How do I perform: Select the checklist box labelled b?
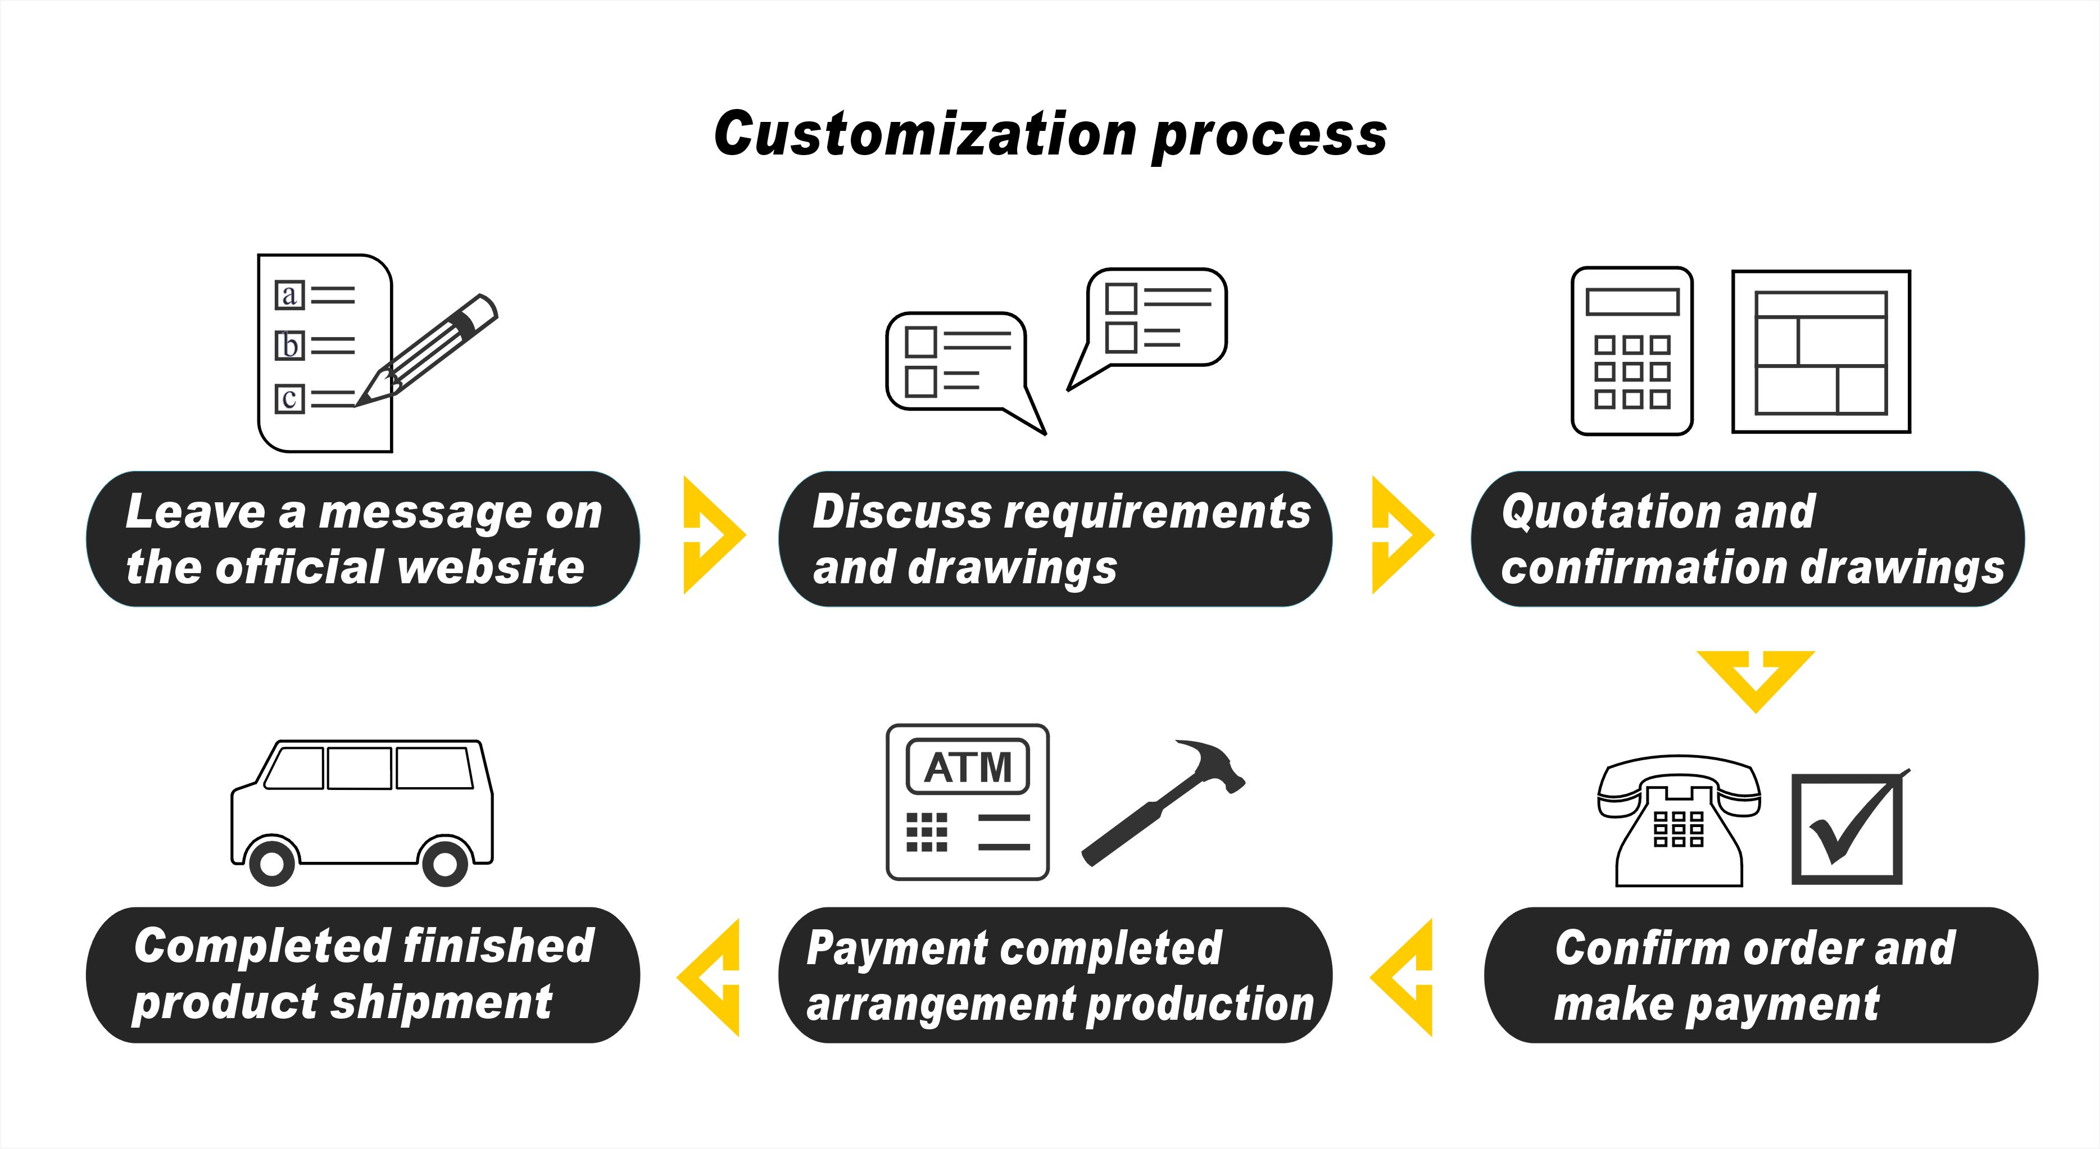(x=289, y=346)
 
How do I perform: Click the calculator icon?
(x=1632, y=351)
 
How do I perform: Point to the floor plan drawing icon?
(x=1820, y=351)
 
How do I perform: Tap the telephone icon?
(x=1679, y=820)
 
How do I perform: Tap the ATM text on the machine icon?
(x=968, y=767)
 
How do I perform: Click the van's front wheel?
(x=271, y=862)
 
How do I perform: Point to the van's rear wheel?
(x=445, y=862)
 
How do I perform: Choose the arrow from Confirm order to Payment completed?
(x=1404, y=977)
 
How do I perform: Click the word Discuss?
(x=901, y=512)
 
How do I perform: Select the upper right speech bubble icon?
(x=1154, y=320)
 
